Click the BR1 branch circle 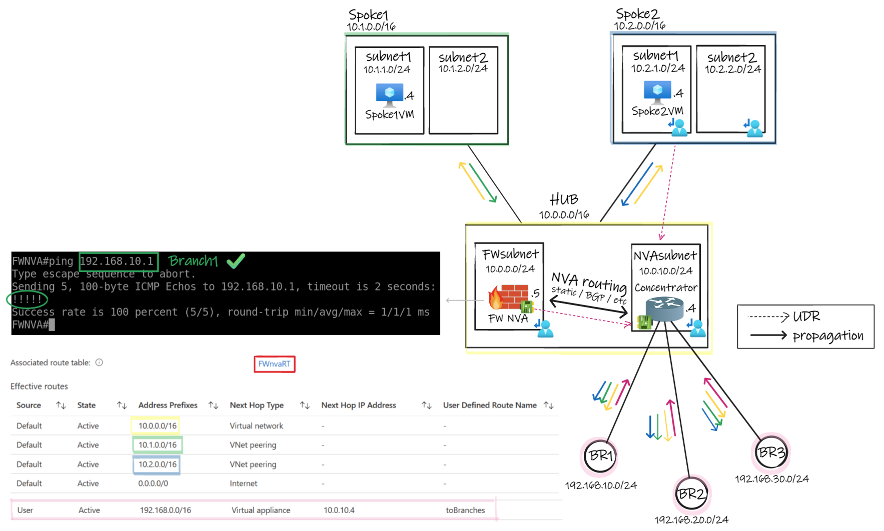point(600,456)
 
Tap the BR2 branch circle point(691,494)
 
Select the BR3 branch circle point(771,452)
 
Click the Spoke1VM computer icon point(389,94)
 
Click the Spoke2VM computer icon point(657,92)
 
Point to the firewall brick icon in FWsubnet point(510,297)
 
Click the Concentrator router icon point(664,308)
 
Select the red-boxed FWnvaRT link point(274,364)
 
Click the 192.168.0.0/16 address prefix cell point(165,510)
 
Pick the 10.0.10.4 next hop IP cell point(339,510)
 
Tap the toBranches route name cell point(465,510)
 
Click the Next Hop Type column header point(256,405)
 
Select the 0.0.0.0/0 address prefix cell point(153,483)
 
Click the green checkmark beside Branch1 point(236,260)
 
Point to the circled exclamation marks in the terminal point(27,299)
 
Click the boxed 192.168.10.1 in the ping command point(118,261)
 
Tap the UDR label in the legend point(806,316)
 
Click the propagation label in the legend point(828,335)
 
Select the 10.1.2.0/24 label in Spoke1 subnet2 point(463,68)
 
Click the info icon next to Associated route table point(99,362)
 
